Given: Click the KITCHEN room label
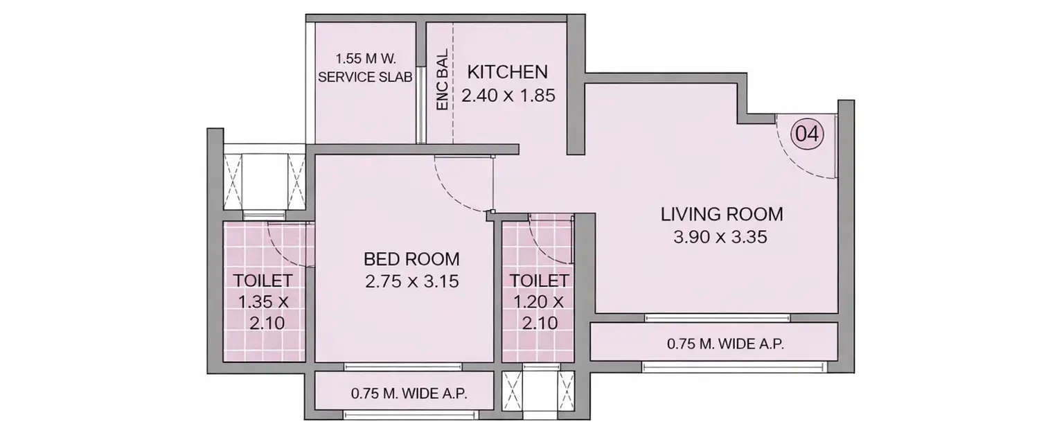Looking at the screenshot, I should pos(508,72).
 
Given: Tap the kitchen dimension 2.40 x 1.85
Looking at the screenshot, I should pos(508,96).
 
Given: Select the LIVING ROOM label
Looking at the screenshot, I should pos(721,213).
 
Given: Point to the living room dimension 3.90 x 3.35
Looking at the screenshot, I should pos(721,238).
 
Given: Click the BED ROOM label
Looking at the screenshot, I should pos(411,259).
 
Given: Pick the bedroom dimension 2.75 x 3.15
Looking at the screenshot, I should pos(411,283).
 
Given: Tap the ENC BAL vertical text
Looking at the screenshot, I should pos(442,80).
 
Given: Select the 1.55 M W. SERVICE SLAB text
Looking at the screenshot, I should pos(365,69).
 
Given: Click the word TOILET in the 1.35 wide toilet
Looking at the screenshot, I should pos(263,281).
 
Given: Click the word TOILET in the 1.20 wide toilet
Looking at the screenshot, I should pos(540,281).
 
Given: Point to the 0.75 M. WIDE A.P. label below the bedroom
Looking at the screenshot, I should pos(409,394).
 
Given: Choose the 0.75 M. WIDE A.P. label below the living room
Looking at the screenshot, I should pos(725,344).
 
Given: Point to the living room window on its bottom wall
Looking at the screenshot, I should pos(717,318).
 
